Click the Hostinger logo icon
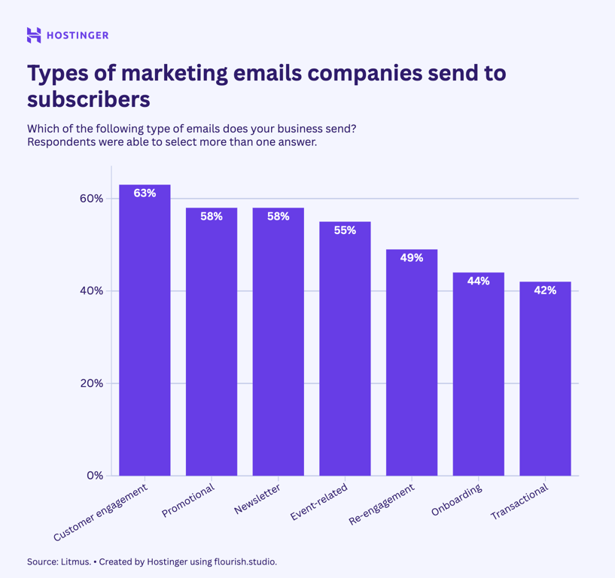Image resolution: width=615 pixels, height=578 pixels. pos(34,35)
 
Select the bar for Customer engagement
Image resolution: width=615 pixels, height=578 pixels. pos(145,331)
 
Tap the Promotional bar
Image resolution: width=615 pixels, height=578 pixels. pos(212,342)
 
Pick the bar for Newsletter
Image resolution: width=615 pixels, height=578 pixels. pos(278,342)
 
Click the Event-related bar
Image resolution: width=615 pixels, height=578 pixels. pos(345,350)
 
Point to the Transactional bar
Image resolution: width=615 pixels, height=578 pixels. pos(545,379)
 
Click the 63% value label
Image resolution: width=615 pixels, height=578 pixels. pos(145,193)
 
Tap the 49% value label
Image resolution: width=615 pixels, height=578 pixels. pos(412,257)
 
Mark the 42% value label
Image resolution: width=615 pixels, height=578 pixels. pos(545,290)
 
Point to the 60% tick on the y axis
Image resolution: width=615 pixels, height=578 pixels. pos(91,199)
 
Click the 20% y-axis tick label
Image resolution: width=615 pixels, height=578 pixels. pos(91,383)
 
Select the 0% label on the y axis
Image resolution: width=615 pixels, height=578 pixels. pos(95,476)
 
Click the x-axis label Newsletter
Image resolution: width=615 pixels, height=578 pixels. pos(258,500)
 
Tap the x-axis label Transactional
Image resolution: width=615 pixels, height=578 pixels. pos(520,502)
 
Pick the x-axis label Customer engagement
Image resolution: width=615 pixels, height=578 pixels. pos(101,513)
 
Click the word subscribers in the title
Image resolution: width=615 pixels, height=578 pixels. pos(89,99)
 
